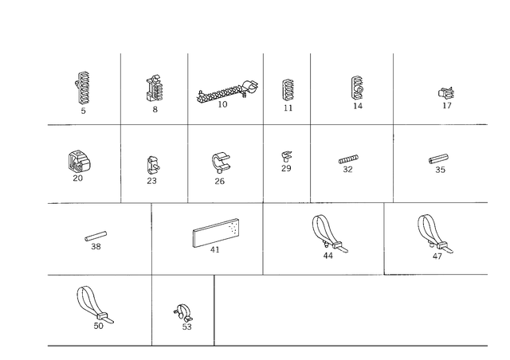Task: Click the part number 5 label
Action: [x=83, y=111]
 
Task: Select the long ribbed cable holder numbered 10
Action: [x=227, y=92]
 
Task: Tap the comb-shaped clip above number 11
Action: [x=288, y=90]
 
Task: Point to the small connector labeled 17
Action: [x=446, y=93]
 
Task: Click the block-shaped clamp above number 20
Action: [x=79, y=162]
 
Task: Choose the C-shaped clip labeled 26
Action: [x=221, y=162]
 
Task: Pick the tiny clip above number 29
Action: [x=287, y=156]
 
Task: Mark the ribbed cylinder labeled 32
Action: [x=348, y=159]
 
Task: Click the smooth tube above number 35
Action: [x=438, y=159]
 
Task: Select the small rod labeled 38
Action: [x=96, y=236]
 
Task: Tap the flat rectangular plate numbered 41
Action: [x=216, y=233]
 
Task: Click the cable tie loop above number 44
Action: [x=329, y=233]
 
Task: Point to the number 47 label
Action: [x=437, y=256]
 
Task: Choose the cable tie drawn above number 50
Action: [x=94, y=305]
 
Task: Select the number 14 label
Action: [x=358, y=106]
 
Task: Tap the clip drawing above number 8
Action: [x=155, y=88]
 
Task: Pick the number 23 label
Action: [x=151, y=181]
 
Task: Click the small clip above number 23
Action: [x=153, y=165]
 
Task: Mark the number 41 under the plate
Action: [x=214, y=250]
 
